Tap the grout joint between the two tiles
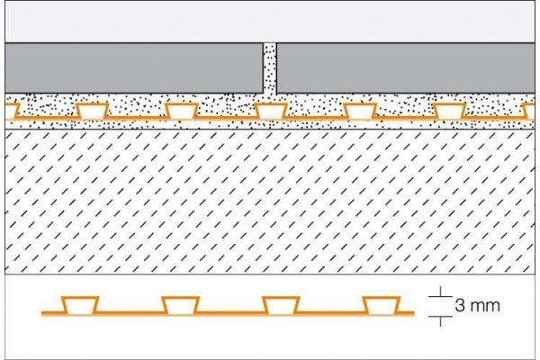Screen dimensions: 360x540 270,68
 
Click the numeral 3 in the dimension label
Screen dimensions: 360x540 461,306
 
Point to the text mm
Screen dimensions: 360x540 484,306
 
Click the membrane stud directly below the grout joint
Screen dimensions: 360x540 270,111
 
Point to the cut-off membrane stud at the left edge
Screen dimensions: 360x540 10,111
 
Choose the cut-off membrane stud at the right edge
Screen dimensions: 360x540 531,111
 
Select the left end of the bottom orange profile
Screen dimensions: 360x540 43,313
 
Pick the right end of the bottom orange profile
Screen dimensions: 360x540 413,313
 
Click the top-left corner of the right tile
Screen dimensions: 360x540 277,44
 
